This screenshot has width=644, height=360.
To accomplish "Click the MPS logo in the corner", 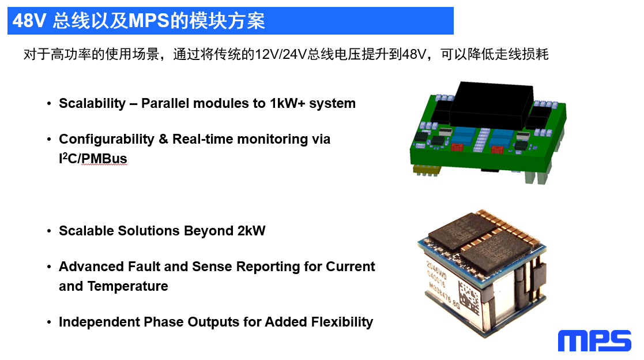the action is coord(594,340).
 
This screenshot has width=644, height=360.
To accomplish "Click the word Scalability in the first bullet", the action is coord(92,104).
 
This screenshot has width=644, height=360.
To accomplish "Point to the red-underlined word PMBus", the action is coord(104,159).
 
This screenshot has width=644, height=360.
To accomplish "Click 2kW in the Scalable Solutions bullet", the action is coord(251,231).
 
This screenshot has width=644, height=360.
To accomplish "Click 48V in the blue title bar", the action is coord(29,21).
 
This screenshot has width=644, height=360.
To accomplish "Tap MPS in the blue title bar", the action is coord(149,21).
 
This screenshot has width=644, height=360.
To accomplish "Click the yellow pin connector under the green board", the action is coord(426,170).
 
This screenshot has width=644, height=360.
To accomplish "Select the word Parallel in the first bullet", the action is coord(165,103).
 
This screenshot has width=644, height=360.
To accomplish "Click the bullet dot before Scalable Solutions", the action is coord(49,231).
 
